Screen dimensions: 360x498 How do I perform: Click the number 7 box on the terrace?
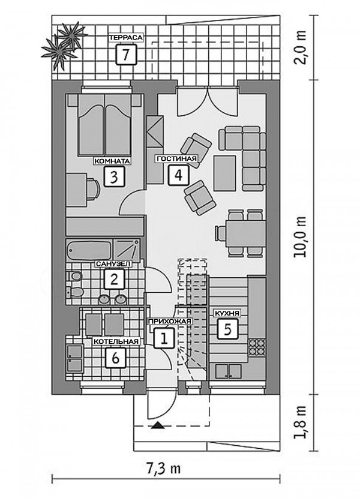(126, 55)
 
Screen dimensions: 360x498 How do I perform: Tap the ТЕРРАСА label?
(126, 37)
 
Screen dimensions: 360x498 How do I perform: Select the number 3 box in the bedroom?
(114, 176)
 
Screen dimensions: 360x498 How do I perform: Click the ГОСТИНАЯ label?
(176, 158)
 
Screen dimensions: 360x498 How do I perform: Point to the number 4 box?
(178, 175)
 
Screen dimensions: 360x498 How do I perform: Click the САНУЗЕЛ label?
(113, 263)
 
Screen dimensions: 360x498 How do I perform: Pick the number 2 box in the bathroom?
(114, 279)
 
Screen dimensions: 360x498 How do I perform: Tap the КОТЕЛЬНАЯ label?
(116, 341)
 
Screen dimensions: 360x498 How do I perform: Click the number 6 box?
(115, 358)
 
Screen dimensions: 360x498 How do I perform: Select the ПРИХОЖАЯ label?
(170, 322)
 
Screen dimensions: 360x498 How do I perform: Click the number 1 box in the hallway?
(164, 338)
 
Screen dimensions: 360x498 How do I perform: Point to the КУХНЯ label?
(227, 313)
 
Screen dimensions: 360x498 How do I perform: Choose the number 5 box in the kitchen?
(228, 329)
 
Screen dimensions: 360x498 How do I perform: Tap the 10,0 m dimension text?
(300, 236)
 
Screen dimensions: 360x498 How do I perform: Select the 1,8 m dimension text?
(300, 422)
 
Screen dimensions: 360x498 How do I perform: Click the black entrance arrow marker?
(158, 425)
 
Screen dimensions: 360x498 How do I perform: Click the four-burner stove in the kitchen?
(257, 347)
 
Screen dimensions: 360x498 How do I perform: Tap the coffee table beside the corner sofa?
(224, 173)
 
